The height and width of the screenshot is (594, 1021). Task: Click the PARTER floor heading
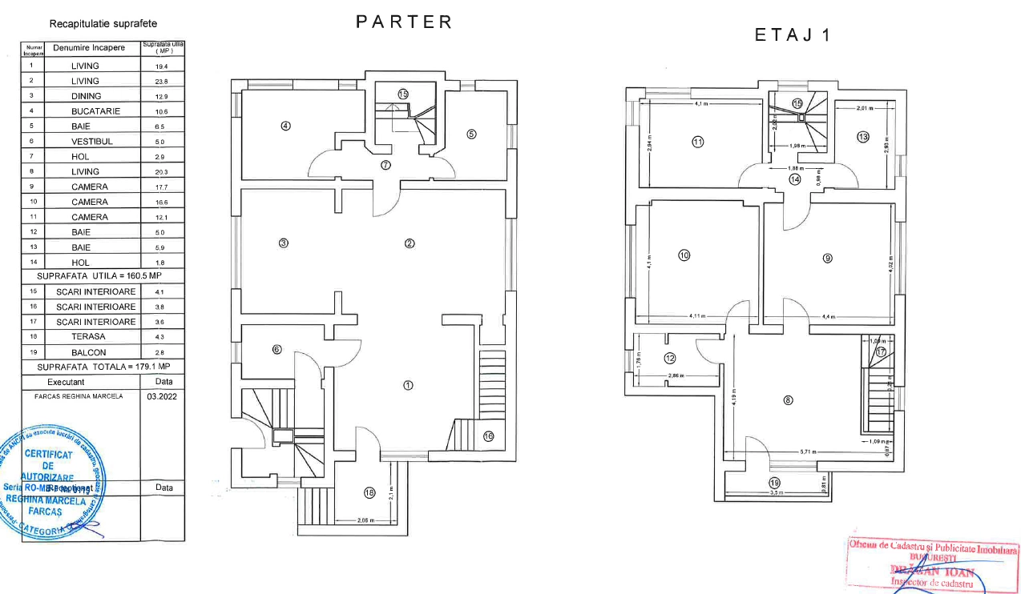coord(405,22)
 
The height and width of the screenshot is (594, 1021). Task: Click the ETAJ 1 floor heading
coord(793,35)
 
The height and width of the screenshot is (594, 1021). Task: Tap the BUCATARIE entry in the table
coord(95,111)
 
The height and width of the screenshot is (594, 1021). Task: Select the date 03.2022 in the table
coord(162,396)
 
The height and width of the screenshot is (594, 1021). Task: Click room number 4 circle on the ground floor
coord(285,126)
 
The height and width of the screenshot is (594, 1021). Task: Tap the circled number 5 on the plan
coord(471,134)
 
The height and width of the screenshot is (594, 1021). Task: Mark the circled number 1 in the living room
coord(408,385)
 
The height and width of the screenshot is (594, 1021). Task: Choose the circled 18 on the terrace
coord(369,493)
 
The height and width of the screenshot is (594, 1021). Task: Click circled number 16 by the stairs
coord(488,436)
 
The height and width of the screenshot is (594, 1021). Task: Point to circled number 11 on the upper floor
coord(697,142)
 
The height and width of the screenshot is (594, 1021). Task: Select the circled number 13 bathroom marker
coord(862,137)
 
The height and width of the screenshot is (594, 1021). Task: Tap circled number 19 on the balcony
coord(774,483)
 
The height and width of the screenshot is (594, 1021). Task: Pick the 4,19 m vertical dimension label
coord(732,398)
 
